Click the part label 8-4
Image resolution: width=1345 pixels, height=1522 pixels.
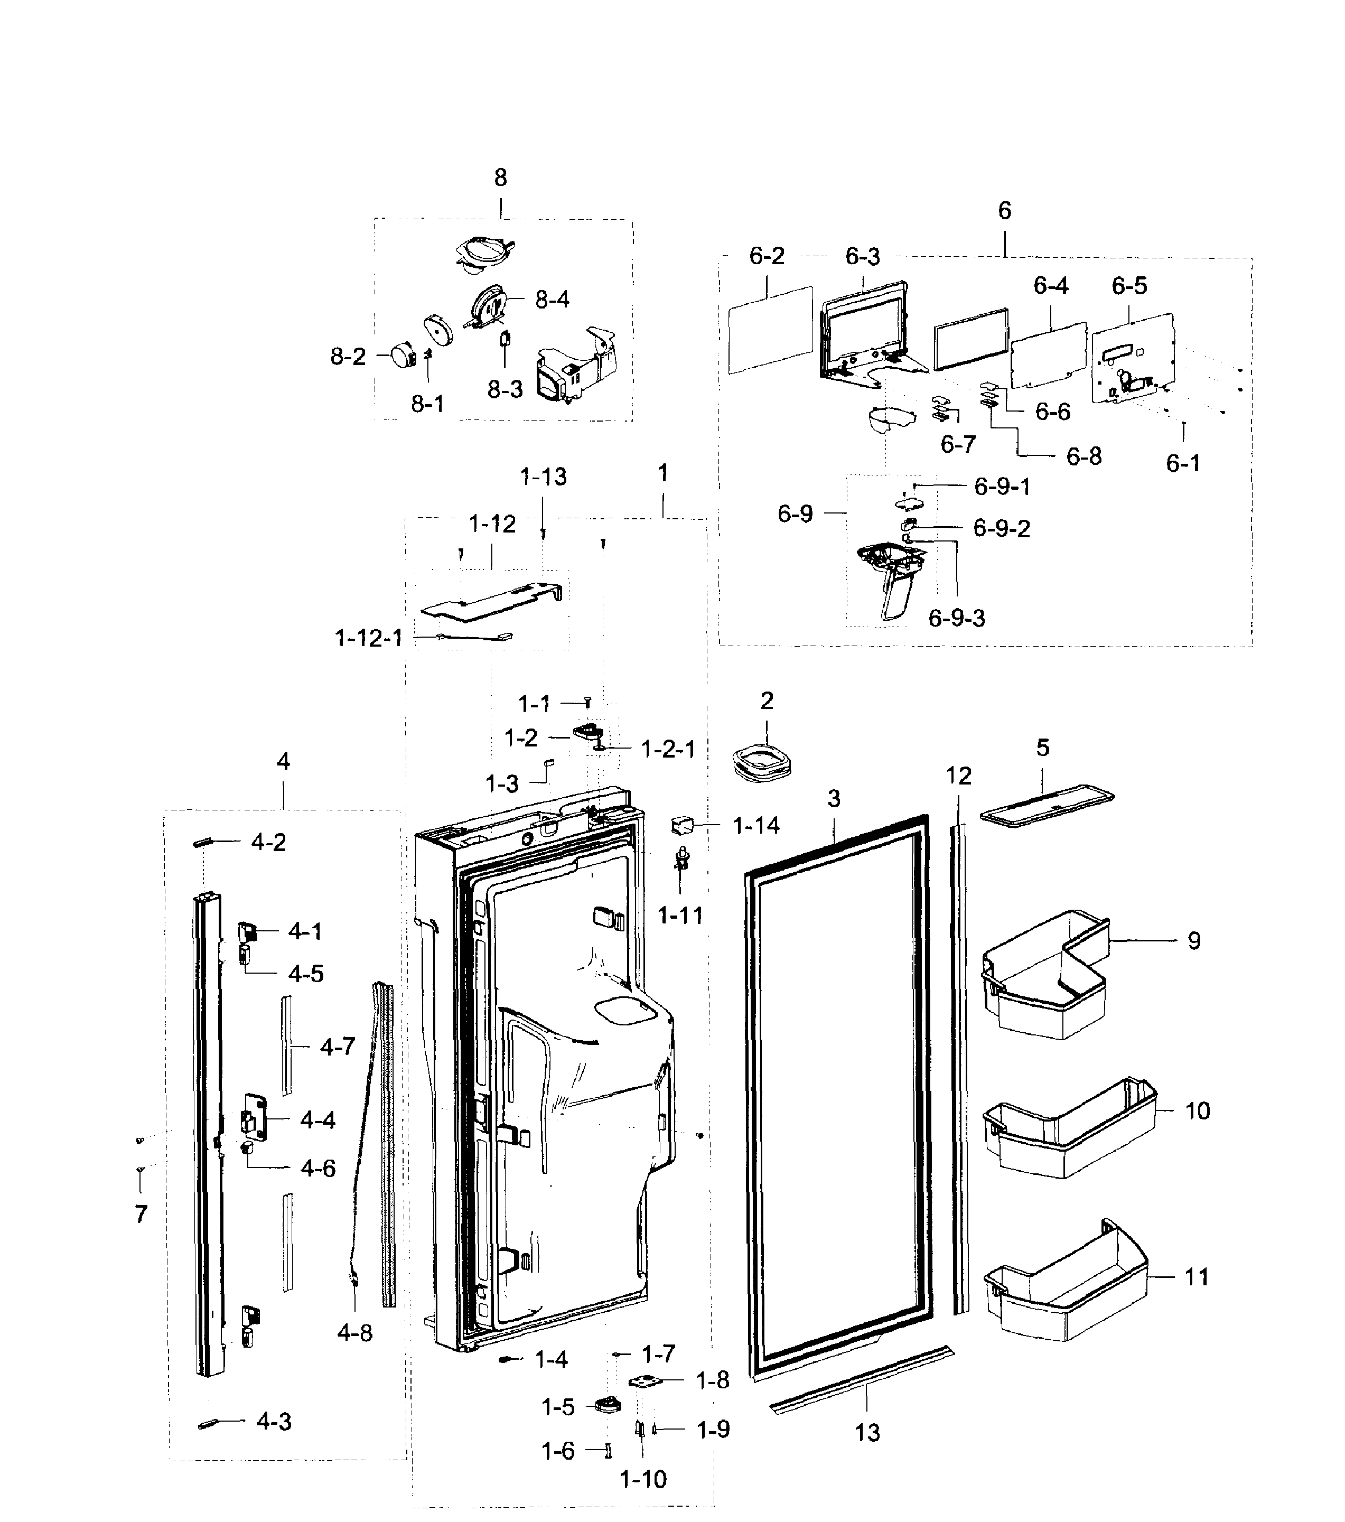(552, 300)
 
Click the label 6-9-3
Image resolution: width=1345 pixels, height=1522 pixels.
(956, 618)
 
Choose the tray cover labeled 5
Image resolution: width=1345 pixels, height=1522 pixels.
(1047, 806)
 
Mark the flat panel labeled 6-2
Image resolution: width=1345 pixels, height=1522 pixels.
(770, 330)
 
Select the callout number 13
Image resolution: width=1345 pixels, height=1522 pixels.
(867, 1433)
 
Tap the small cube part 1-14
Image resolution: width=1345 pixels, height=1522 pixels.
(682, 825)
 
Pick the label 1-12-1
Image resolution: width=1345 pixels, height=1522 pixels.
(369, 638)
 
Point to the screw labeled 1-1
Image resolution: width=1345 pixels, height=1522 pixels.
(587, 702)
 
